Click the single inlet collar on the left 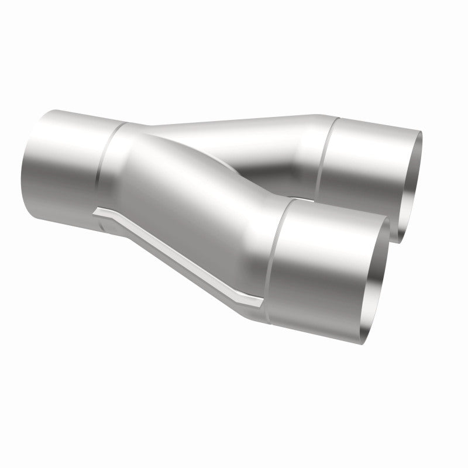click(64, 158)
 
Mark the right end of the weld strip click(260, 304)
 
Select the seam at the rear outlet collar click(323, 152)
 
